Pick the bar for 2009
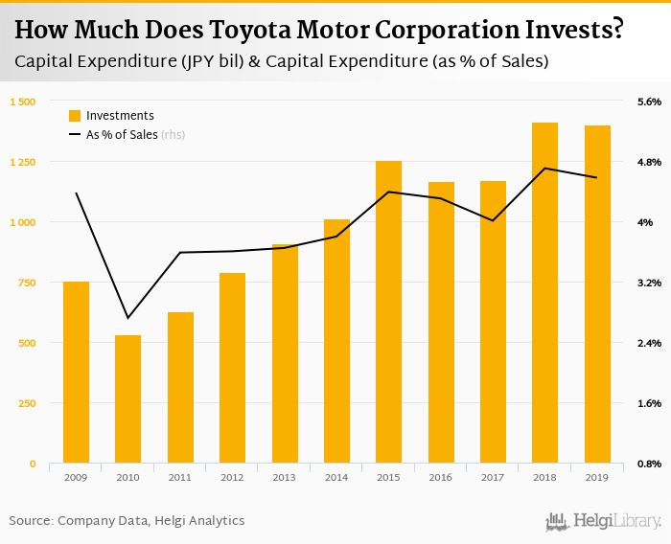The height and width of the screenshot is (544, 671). coord(76,373)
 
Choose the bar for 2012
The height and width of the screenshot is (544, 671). coord(232,368)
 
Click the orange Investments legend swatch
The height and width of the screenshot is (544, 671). coord(75,116)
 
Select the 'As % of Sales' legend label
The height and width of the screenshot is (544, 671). coord(122,135)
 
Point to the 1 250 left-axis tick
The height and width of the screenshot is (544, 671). coord(22,162)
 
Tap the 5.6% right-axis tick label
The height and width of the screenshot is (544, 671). coord(649,102)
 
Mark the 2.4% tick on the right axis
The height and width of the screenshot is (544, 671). coord(649,343)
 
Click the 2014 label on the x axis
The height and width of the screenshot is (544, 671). coord(336,477)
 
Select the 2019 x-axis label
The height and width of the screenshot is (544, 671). coord(596,477)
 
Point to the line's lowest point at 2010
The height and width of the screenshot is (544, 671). coord(128,318)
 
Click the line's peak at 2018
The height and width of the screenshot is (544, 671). coord(544,169)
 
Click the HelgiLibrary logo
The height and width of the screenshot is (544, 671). coord(603,521)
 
